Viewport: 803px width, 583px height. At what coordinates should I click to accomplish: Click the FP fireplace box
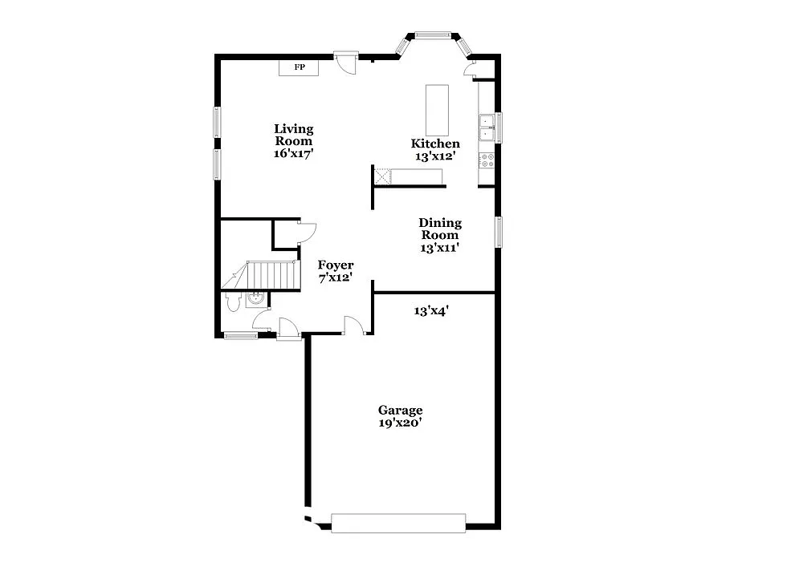point(299,67)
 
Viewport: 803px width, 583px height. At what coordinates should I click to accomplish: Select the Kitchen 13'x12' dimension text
point(435,156)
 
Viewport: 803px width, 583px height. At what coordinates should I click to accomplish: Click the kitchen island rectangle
point(438,110)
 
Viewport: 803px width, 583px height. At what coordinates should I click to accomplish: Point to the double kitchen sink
point(487,128)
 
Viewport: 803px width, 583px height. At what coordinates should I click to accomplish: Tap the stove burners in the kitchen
point(486,160)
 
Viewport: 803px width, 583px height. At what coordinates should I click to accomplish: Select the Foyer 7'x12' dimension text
point(336,279)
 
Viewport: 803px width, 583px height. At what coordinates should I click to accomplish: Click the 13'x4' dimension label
point(431,310)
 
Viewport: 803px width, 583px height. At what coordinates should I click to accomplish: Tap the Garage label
point(401,410)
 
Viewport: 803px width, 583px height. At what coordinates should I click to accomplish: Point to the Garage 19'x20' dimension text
point(401,423)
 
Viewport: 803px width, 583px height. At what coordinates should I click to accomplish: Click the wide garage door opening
point(398,523)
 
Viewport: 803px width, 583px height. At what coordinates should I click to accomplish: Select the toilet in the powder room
point(233,302)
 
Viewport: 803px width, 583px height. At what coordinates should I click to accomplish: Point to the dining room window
point(498,231)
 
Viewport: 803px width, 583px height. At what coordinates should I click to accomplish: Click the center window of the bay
point(434,34)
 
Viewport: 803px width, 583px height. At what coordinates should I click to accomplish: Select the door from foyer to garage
point(354,324)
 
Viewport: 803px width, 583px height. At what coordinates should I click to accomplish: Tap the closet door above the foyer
point(306,233)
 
